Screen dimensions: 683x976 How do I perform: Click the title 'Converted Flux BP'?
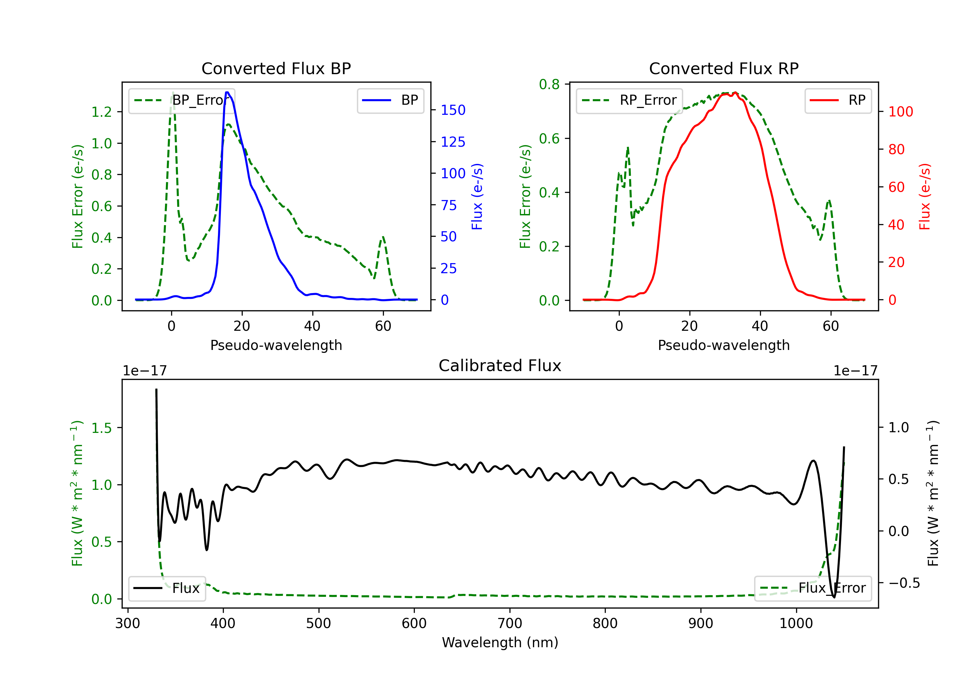pos(276,68)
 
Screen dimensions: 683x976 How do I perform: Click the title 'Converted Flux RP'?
pos(724,68)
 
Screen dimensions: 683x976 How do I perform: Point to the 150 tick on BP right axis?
pos(453,110)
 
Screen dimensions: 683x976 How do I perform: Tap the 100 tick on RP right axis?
pos(900,112)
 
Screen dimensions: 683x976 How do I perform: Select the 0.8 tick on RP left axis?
pos(549,85)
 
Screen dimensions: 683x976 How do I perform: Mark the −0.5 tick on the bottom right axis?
pos(904,583)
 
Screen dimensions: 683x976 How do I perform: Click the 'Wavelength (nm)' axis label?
pos(500,642)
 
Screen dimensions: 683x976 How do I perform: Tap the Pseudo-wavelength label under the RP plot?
pos(724,345)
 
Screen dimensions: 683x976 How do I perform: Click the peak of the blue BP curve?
pos(227,92)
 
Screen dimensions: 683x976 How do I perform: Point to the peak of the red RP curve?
pos(735,93)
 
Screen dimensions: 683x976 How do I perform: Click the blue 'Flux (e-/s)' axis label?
pos(477,196)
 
